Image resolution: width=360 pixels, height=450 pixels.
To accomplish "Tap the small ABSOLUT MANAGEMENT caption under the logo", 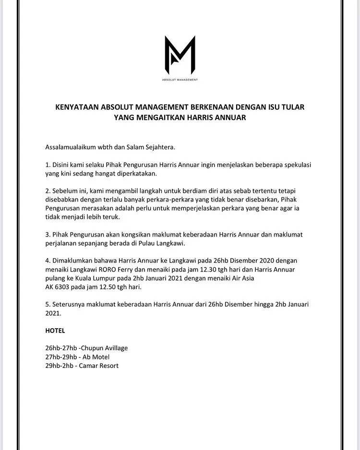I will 180,80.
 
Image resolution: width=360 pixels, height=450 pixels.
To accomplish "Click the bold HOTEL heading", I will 55,331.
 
